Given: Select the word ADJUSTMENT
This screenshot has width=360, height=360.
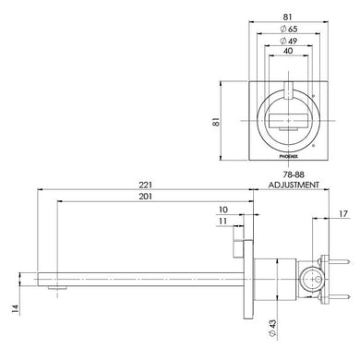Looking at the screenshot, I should point(294,185).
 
